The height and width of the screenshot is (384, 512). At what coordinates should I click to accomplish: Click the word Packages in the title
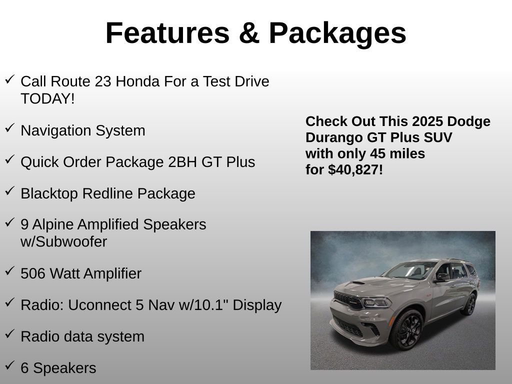coord(337,33)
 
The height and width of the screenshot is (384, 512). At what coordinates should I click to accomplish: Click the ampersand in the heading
coord(249,33)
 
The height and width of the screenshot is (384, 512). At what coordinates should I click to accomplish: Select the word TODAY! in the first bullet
coord(47,98)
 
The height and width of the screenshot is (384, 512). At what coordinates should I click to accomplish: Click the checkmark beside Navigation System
coord(9,128)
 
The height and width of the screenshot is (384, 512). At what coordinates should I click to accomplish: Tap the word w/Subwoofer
coord(63,242)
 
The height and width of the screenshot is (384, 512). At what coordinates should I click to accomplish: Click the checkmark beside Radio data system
coord(9,334)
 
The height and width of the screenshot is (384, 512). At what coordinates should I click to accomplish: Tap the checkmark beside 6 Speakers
coord(9,365)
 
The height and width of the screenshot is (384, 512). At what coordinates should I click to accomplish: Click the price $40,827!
coord(355,170)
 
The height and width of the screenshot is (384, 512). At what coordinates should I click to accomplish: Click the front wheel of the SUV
coord(406,329)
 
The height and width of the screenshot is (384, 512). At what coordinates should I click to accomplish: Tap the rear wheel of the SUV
coord(469,304)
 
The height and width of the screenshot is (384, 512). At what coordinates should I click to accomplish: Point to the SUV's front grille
coord(348,300)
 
